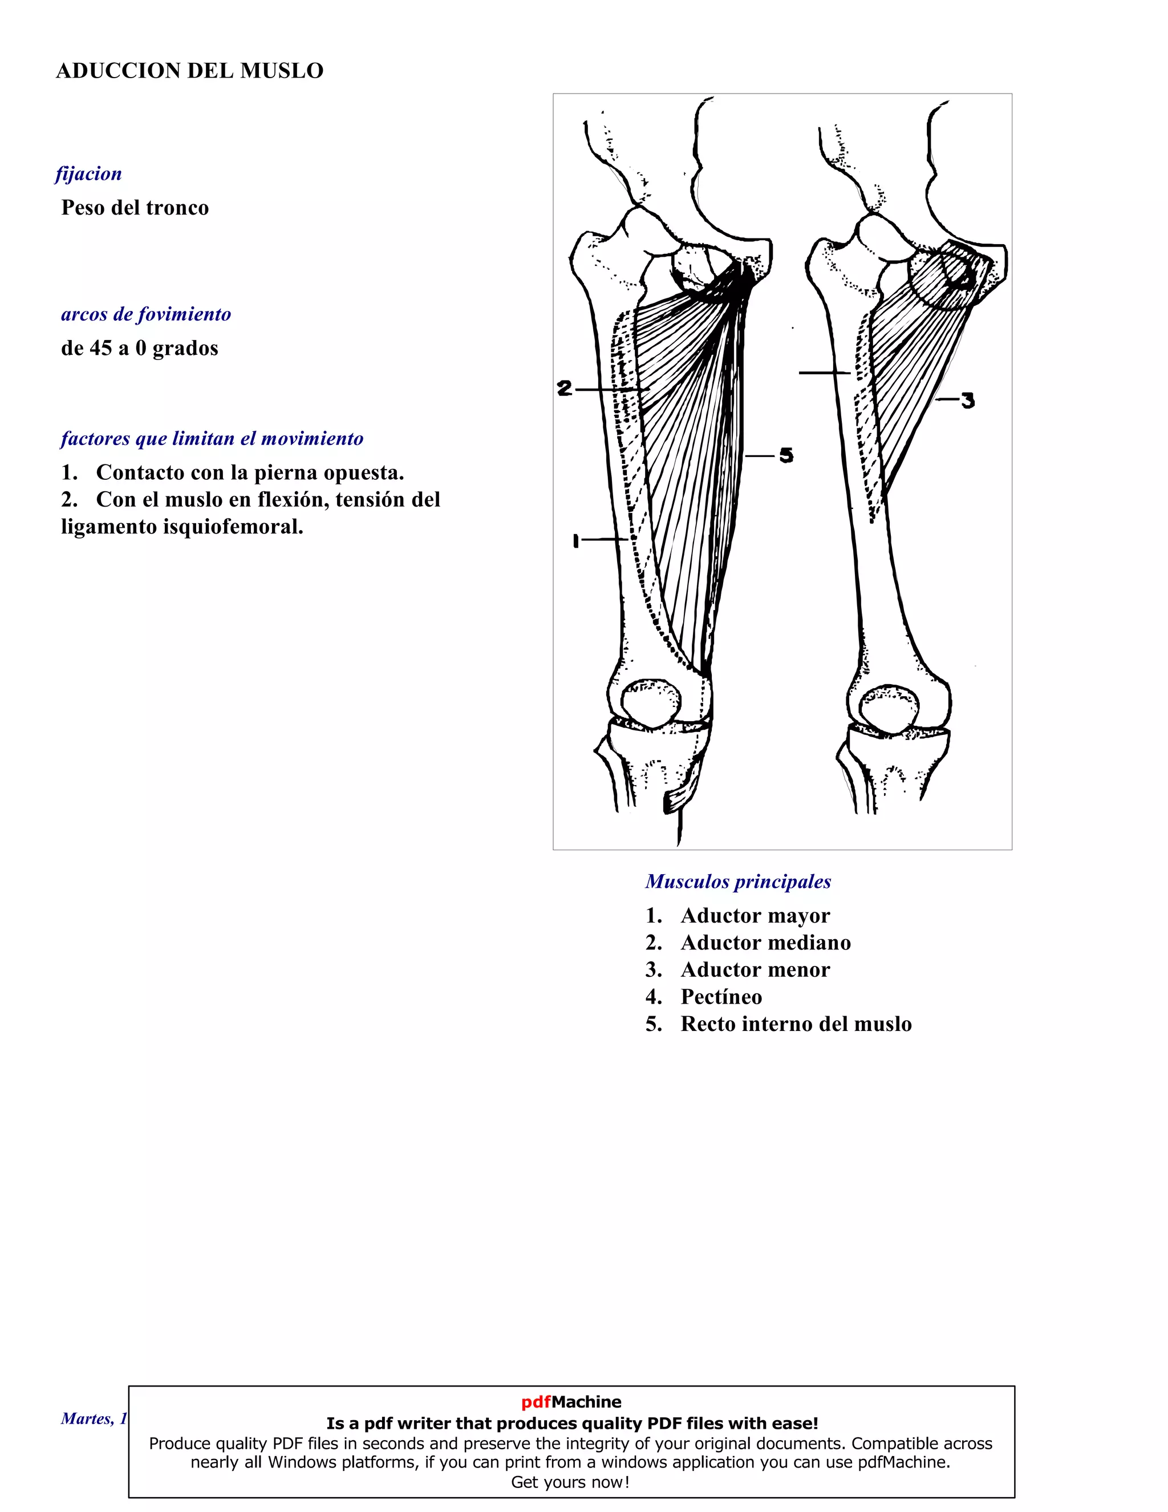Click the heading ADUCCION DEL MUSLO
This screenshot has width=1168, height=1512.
pyautogui.click(x=189, y=71)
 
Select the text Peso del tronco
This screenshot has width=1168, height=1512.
pyautogui.click(x=135, y=208)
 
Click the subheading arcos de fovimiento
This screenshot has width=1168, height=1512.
pyautogui.click(x=146, y=314)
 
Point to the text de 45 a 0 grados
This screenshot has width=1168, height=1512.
pyautogui.click(x=140, y=348)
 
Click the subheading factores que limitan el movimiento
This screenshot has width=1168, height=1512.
pyautogui.click(x=212, y=439)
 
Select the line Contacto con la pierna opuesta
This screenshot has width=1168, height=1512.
pyautogui.click(x=250, y=473)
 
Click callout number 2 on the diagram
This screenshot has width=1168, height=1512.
pyautogui.click(x=565, y=389)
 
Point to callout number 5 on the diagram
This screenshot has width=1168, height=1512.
pyautogui.click(x=786, y=455)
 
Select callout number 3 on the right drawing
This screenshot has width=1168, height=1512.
pyautogui.click(x=967, y=400)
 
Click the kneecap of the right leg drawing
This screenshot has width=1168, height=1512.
pyautogui.click(x=889, y=708)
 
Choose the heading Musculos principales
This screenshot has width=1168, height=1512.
pyautogui.click(x=739, y=882)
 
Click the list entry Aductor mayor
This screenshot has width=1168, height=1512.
pyautogui.click(x=755, y=916)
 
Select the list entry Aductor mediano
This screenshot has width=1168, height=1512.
pyautogui.click(x=765, y=943)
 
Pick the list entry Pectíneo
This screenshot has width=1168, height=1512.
pyautogui.click(x=721, y=997)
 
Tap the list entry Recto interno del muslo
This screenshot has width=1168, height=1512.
pyautogui.click(x=796, y=1024)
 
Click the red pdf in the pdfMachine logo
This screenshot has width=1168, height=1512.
pyautogui.click(x=536, y=1402)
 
